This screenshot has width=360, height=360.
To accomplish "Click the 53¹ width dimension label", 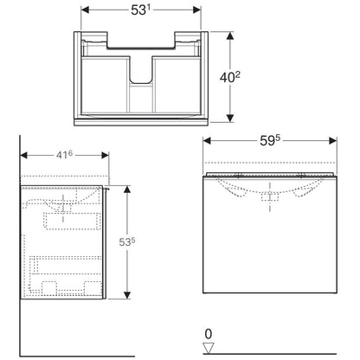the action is click(141, 10).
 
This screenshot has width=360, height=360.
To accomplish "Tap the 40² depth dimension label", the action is click(230, 77).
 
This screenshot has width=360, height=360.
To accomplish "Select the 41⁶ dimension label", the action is click(64, 155).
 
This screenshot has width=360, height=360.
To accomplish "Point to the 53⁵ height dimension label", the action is click(127, 241).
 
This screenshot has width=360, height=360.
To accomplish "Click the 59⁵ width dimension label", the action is click(270, 140).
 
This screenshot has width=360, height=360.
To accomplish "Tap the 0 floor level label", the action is click(209, 334).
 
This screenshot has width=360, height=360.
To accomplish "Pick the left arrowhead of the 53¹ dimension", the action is click(85, 10).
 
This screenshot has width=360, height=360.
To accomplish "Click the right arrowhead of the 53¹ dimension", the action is click(196, 10).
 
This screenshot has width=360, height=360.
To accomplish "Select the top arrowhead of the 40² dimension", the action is click(230, 35).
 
